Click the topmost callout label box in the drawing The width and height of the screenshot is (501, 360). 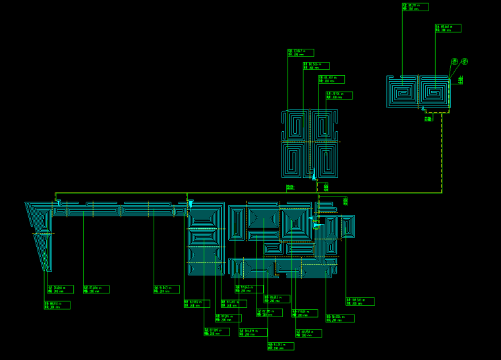pyautogui.click(x=415, y=7)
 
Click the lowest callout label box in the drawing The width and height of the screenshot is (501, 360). pyautogui.click(x=281, y=346)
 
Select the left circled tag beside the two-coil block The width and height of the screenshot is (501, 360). pyautogui.click(x=454, y=61)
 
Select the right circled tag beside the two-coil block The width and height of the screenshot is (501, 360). pyautogui.click(x=465, y=61)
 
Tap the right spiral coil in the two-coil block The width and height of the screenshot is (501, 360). pyautogui.click(x=434, y=92)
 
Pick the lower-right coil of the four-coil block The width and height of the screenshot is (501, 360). pyautogui.click(x=326, y=160)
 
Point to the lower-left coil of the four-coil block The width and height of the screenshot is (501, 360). pyautogui.click(x=295, y=160)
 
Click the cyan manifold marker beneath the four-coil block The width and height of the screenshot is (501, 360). pyautogui.click(x=314, y=177)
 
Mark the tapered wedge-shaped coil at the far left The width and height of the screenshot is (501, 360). pyautogui.click(x=41, y=234)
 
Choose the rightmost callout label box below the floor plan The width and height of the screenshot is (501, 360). pyautogui.click(x=360, y=301)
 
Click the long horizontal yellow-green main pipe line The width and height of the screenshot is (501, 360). pyautogui.click(x=250, y=193)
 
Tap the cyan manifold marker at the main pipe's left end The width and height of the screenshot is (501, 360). pyautogui.click(x=58, y=202)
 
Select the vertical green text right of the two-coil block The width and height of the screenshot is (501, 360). pyautogui.click(x=461, y=80)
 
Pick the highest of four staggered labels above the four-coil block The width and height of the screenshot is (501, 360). pyautogui.click(x=301, y=52)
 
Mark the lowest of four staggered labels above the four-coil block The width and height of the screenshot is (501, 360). pyautogui.click(x=339, y=96)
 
